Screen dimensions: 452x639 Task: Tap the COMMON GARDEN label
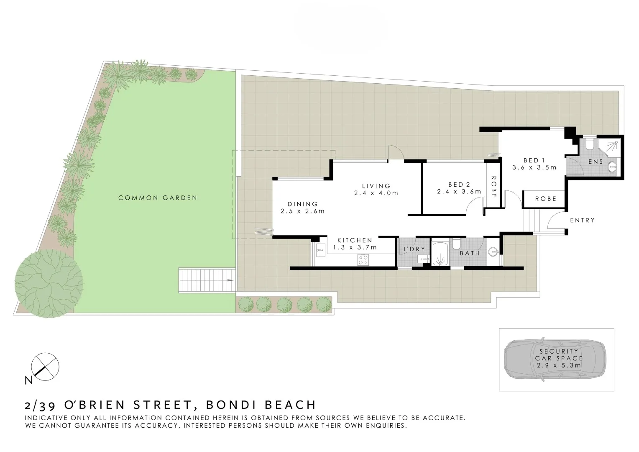coord(158,198)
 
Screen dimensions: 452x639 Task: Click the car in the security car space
coord(556,360)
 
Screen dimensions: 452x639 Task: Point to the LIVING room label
coord(376,186)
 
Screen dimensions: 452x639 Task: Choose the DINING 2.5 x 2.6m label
coord(302,208)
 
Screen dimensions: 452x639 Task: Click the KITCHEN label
coord(355,240)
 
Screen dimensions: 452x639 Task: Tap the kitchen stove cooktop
coord(363,259)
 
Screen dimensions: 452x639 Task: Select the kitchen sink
coord(320,252)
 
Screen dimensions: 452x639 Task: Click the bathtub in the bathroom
coord(440,254)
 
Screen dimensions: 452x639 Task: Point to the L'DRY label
coord(414,249)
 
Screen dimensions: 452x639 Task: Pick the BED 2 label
coord(459,185)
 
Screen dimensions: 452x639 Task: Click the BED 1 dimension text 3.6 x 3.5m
coord(534,167)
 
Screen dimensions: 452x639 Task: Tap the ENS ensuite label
coord(596,162)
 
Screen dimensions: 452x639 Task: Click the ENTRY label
coord(582,220)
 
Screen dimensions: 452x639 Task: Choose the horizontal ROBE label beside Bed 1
coord(545,199)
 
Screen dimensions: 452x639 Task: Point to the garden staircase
coord(207,280)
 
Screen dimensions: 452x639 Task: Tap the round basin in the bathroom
coord(495,252)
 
